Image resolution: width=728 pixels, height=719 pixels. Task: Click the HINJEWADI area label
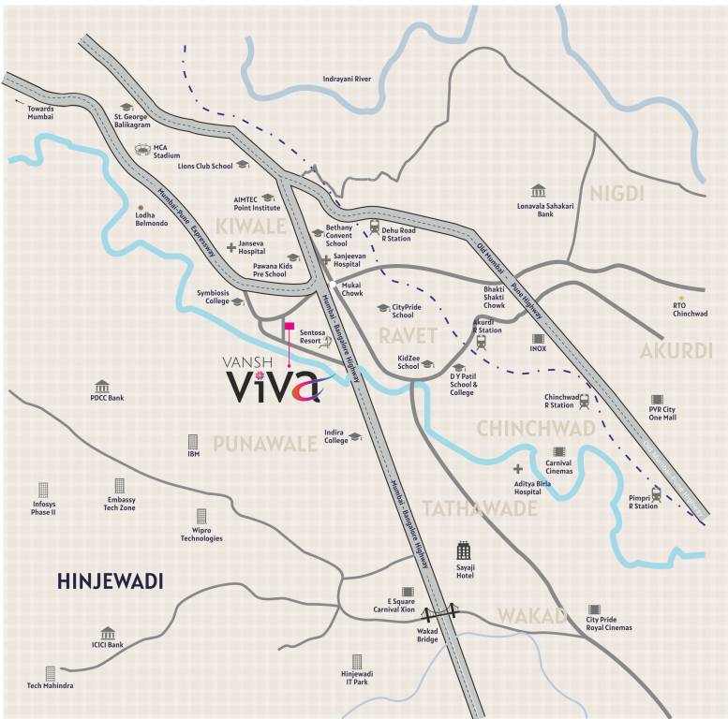(x=111, y=581)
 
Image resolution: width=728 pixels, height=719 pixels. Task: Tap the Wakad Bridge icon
(x=440, y=614)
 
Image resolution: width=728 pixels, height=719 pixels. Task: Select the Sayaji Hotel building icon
(x=464, y=550)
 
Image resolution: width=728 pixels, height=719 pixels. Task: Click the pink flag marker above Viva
(x=290, y=327)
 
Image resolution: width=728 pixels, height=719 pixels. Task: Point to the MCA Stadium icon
(x=142, y=150)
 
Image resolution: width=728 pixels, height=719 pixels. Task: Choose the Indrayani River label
(x=347, y=79)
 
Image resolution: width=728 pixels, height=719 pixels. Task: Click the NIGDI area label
(x=618, y=194)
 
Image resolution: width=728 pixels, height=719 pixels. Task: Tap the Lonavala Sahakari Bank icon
(x=539, y=190)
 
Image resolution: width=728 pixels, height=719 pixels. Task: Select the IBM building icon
(x=193, y=440)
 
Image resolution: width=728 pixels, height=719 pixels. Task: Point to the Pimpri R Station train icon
(x=656, y=492)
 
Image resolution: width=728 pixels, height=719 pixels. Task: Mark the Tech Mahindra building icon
(x=51, y=673)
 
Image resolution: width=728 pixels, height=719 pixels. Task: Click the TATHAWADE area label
(x=479, y=508)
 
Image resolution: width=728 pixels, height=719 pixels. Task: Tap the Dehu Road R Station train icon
(x=374, y=226)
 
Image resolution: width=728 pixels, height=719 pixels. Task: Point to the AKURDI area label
(x=670, y=351)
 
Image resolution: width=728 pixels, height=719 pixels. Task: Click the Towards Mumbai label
(x=40, y=112)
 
